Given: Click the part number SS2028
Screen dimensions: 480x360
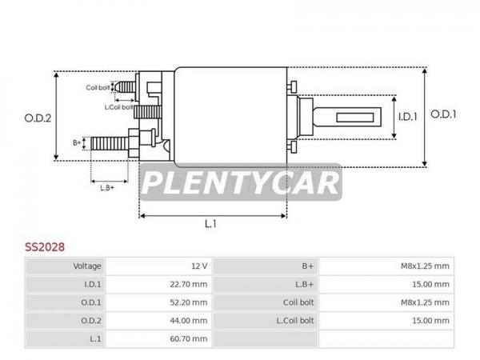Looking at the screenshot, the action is (x=45, y=246).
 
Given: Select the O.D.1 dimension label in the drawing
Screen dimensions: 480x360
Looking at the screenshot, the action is (x=443, y=114).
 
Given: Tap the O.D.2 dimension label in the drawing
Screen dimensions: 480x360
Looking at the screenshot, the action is (x=38, y=118).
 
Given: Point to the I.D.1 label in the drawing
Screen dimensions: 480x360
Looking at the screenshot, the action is (x=407, y=117).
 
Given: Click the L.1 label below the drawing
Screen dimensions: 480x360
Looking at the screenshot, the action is (x=210, y=224).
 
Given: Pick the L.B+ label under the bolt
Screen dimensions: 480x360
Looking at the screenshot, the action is (x=107, y=188).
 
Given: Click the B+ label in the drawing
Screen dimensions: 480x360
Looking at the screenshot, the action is (x=77, y=142).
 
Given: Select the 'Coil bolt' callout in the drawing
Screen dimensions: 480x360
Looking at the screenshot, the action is (x=98, y=87).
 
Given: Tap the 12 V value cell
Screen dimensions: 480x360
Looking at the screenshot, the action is (x=199, y=266).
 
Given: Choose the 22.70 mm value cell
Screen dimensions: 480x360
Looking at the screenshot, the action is (x=189, y=284).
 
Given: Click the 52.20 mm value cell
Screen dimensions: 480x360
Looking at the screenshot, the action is (x=189, y=302).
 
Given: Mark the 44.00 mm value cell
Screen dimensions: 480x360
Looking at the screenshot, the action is (x=189, y=321).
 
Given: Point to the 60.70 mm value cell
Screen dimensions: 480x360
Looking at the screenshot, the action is (x=189, y=339).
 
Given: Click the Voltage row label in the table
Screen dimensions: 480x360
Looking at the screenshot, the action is (x=87, y=266).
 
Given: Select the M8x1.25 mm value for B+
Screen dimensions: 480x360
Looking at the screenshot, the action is (x=425, y=266).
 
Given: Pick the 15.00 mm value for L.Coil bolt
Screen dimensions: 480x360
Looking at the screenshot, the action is (x=430, y=321).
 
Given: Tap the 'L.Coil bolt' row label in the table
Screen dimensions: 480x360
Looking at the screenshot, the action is (x=295, y=321).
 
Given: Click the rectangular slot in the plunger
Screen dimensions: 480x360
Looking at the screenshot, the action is (x=355, y=118).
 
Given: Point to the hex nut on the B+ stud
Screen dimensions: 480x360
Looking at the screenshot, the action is (x=134, y=143).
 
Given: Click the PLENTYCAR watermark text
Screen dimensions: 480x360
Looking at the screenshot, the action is (x=241, y=182).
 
